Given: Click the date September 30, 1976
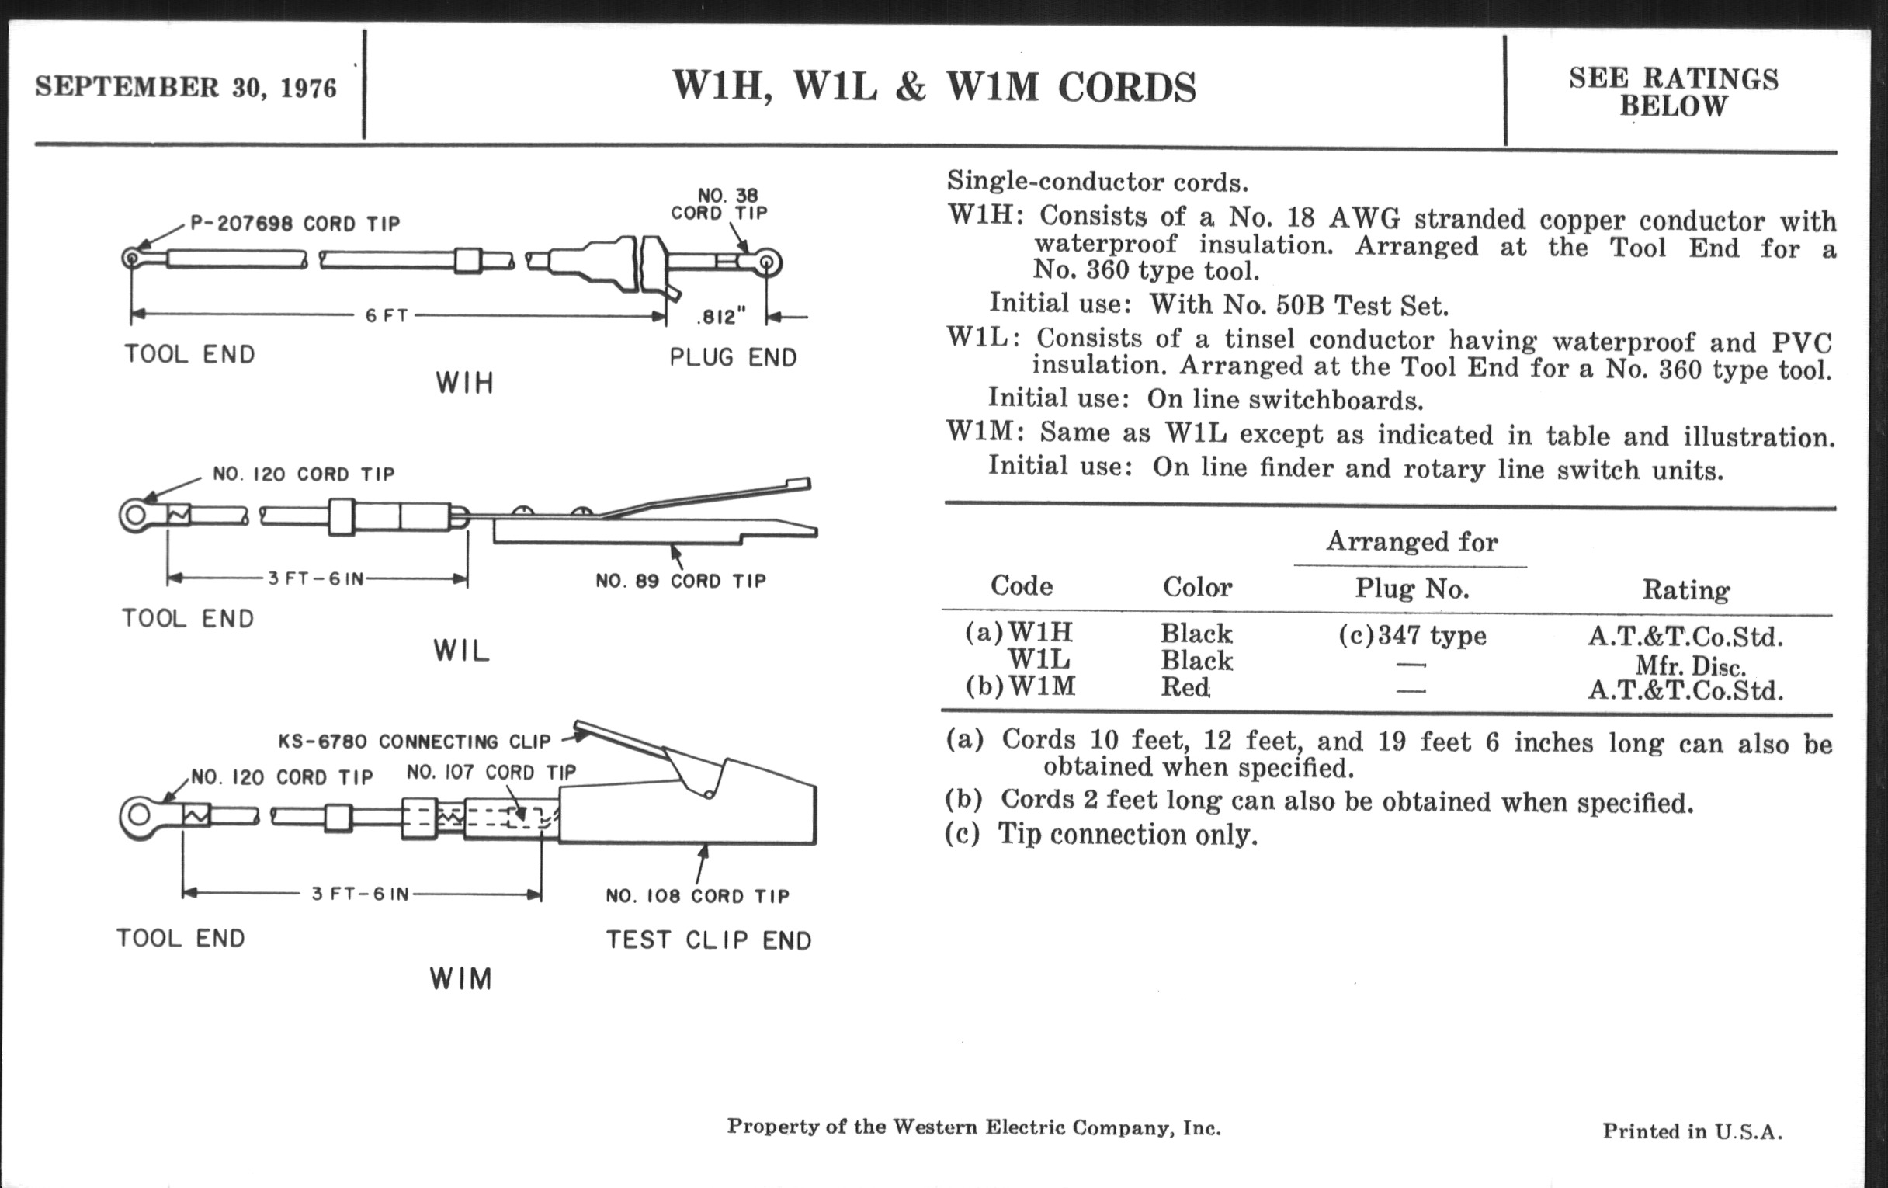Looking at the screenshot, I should (x=186, y=87).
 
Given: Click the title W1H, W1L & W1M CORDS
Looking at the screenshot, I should (x=934, y=87).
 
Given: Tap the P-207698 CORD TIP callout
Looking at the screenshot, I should (x=295, y=224).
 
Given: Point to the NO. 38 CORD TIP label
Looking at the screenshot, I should (x=719, y=204).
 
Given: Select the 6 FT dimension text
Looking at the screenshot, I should (x=387, y=316).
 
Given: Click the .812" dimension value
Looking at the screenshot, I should (x=721, y=317).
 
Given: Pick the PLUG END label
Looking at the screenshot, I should (x=733, y=358).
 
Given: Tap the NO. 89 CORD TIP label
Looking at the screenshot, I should (x=681, y=581).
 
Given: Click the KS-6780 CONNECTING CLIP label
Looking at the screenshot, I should (x=415, y=741).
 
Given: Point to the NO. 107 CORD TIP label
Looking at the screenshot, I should (x=491, y=773).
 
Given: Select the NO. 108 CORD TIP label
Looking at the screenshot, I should (x=697, y=896).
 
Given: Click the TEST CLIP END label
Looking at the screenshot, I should (x=709, y=940).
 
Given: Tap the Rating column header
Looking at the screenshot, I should (x=1685, y=589).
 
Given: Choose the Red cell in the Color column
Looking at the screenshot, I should (x=1185, y=688).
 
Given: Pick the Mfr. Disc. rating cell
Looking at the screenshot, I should (x=1690, y=666).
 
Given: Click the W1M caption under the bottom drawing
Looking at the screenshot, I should (x=461, y=979).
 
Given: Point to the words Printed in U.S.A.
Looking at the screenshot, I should (x=1692, y=1131).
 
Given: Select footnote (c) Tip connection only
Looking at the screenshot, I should (x=1102, y=835).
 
